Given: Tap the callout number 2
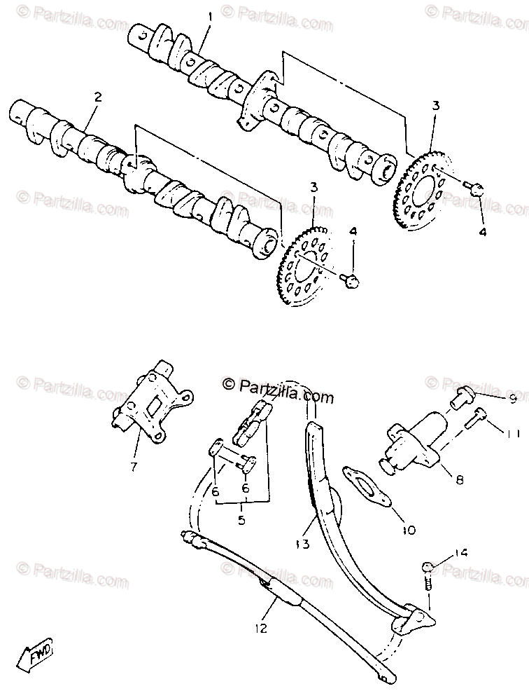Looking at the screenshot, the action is pyautogui.click(x=97, y=97).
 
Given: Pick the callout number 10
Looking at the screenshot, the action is pyautogui.click(x=409, y=530).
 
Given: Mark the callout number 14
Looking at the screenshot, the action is pyautogui.click(x=460, y=552).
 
